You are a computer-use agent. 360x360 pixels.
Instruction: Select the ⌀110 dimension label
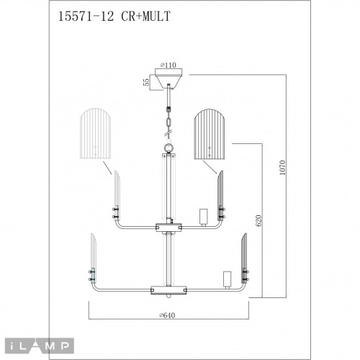pyautogui.click(x=170, y=64)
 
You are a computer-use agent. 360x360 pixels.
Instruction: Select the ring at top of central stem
pyautogui.click(x=168, y=148)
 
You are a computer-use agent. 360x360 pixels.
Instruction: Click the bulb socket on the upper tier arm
pyautogui.click(x=202, y=216)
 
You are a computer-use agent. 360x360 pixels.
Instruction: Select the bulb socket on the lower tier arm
pyautogui.click(x=227, y=279)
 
